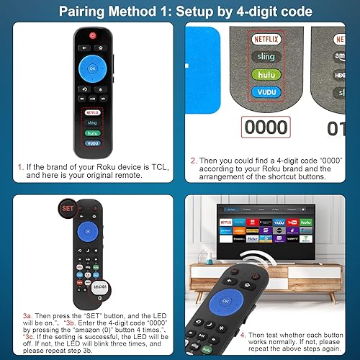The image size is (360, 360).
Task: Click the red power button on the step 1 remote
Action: pyautogui.click(x=92, y=36)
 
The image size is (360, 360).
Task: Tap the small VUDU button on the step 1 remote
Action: pyautogui.click(x=92, y=143)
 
